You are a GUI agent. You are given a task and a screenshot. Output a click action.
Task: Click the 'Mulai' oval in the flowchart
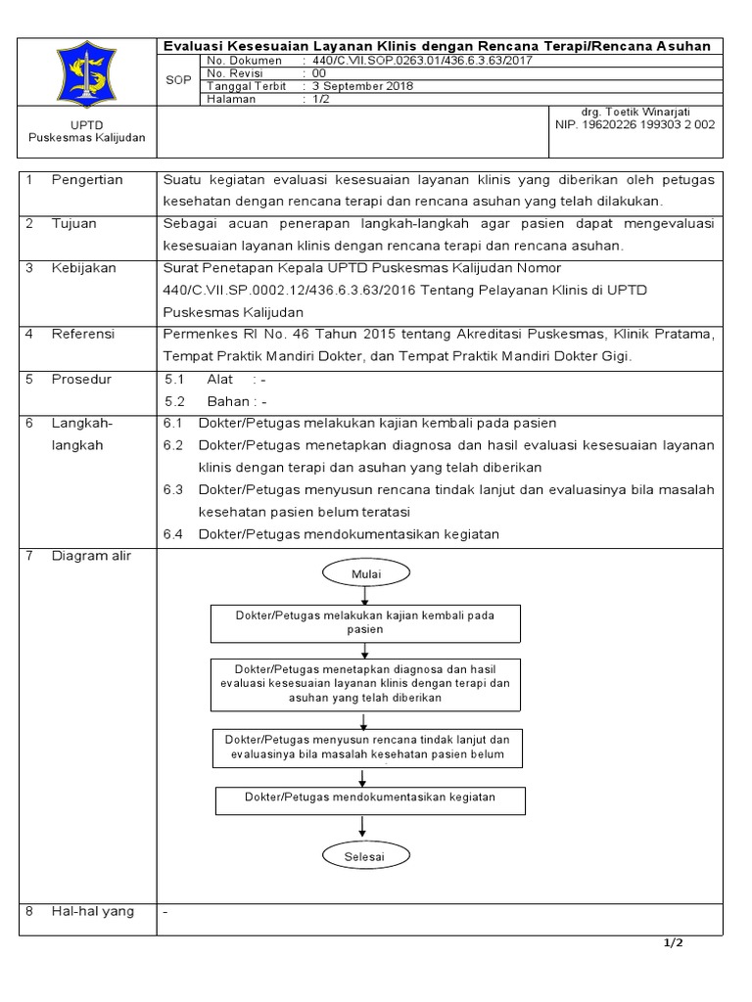point(365,572)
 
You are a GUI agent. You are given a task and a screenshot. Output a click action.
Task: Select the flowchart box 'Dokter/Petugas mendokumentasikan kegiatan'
point(370,798)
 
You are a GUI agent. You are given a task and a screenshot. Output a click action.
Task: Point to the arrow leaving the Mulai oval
point(365,595)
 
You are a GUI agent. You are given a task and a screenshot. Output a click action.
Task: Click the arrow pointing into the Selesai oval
point(365,827)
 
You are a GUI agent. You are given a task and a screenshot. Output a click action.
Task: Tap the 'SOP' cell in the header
point(178,79)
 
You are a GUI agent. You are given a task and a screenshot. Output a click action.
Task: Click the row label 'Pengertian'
point(87,180)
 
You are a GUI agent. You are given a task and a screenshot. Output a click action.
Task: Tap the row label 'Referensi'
point(83,334)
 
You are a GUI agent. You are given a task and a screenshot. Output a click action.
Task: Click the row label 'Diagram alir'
point(91,556)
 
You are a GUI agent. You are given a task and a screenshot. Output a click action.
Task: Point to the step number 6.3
point(173,489)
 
